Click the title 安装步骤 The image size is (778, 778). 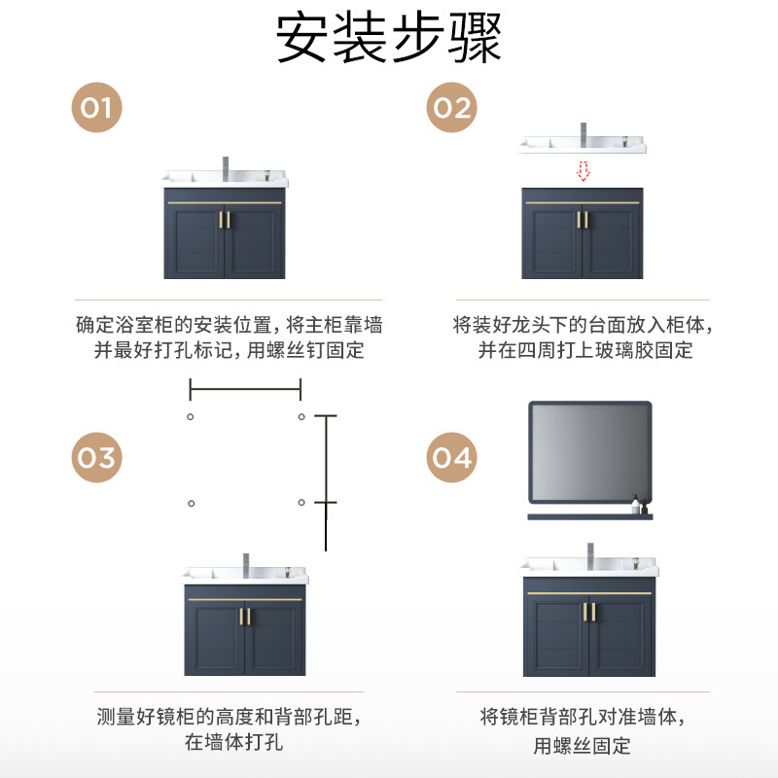[389, 39]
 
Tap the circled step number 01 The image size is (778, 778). [96, 107]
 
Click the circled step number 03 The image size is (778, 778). [96, 457]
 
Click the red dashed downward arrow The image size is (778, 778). [583, 172]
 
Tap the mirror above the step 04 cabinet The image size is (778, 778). [589, 452]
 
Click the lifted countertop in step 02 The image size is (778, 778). [582, 145]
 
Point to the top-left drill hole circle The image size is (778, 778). [191, 417]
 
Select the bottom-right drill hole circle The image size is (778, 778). [301, 503]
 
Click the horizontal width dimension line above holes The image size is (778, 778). [245, 391]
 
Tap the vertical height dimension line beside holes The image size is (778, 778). [326, 481]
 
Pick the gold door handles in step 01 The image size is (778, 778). [226, 221]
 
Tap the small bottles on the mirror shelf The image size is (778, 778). [638, 506]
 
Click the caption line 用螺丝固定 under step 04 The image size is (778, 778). [583, 746]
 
